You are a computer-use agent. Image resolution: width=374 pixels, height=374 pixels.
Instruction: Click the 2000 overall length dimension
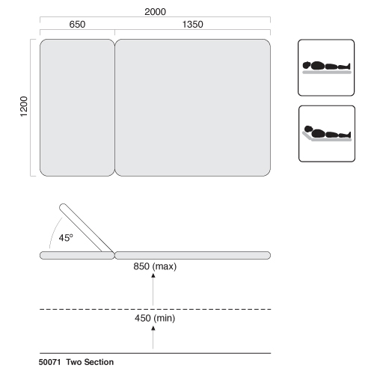[x=155, y=12]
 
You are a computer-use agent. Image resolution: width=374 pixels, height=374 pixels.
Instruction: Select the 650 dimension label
[x=77, y=25]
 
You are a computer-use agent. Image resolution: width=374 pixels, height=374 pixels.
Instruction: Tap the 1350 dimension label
[x=192, y=25]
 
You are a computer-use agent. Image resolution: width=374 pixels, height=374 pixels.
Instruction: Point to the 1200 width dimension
[x=24, y=106]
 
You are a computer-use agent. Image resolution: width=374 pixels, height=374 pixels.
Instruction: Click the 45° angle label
[x=66, y=238]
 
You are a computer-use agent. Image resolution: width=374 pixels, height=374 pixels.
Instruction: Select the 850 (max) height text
[x=155, y=266]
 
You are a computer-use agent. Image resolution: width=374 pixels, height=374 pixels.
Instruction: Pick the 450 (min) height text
[x=155, y=318]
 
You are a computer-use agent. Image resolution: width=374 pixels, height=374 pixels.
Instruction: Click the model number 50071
[x=49, y=362]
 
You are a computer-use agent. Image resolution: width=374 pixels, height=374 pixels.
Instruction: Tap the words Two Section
[x=90, y=362]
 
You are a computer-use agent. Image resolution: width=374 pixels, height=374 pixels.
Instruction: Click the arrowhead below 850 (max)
[x=153, y=275]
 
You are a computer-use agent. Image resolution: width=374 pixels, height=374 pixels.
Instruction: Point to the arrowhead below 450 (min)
[x=153, y=328]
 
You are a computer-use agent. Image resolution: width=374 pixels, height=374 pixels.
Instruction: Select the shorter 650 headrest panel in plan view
[x=77, y=108]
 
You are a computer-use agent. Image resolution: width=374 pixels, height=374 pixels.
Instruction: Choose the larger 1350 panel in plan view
[x=192, y=108]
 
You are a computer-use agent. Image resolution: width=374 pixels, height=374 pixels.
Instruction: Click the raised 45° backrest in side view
[x=86, y=228]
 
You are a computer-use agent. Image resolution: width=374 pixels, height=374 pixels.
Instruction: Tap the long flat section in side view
[x=192, y=255]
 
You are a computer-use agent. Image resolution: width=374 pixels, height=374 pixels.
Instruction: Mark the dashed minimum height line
[x=155, y=309]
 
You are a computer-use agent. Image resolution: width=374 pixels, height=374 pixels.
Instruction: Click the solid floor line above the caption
[x=155, y=353]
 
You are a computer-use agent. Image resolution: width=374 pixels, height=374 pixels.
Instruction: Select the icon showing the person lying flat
[x=326, y=67]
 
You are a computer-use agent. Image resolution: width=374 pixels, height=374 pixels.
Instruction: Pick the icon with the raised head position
[x=327, y=134]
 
